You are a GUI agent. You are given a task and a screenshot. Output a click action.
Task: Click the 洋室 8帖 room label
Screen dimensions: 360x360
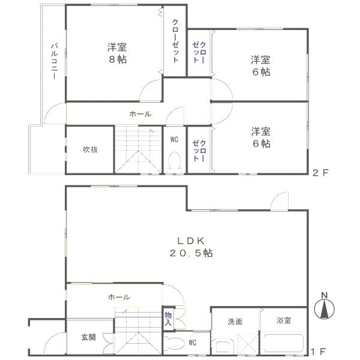coord(117,53)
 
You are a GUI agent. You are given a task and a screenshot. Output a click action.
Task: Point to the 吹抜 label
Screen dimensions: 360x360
coord(90,149)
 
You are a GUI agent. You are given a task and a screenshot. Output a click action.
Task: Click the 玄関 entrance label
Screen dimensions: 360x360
coord(88,337)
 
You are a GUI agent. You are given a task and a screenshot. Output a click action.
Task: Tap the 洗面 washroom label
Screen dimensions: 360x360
coord(235,321)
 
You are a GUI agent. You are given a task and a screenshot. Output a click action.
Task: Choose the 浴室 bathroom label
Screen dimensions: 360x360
coord(283,320)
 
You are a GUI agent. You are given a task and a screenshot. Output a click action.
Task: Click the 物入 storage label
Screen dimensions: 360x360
coord(168,319)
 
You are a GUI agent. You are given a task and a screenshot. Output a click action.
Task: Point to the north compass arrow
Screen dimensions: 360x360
coord(325,307)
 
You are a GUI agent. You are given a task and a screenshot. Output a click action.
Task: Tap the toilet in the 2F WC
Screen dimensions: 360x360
coord(175,161)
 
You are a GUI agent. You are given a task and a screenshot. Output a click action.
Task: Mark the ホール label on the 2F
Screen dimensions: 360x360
coord(140,114)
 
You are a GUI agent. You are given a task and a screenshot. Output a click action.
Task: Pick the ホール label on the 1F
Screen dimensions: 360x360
coord(119,297)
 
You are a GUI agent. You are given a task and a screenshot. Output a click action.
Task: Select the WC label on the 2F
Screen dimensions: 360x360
coord(174,139)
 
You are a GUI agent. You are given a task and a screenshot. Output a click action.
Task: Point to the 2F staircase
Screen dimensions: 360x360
coord(138,150)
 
